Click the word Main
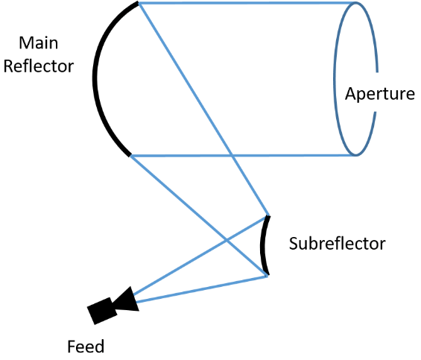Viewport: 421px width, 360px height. [39, 43]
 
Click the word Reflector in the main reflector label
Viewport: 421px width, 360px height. [39, 66]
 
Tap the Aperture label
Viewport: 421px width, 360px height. [380, 94]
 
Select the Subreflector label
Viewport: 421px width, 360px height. [338, 244]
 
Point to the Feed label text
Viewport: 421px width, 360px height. [86, 347]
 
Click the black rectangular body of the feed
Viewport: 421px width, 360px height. [102, 311]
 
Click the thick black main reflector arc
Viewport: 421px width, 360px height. [95, 78]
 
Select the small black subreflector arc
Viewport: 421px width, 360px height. [262, 244]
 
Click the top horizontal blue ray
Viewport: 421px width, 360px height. [247, 3]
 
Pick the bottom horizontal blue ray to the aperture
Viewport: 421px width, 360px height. [243, 156]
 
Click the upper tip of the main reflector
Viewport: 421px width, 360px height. [138, 3]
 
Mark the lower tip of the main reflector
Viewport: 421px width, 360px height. [130, 155]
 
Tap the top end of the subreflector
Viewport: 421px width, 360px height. [268, 216]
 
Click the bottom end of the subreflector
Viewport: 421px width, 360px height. [268, 274]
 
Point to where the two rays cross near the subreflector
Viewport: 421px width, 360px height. [227, 239]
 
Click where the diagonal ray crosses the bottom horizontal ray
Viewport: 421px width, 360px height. [232, 156]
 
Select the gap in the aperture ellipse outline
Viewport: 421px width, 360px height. [376, 92]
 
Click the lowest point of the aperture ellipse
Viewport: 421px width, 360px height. [356, 156]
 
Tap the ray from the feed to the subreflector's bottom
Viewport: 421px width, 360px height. [201, 289]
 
